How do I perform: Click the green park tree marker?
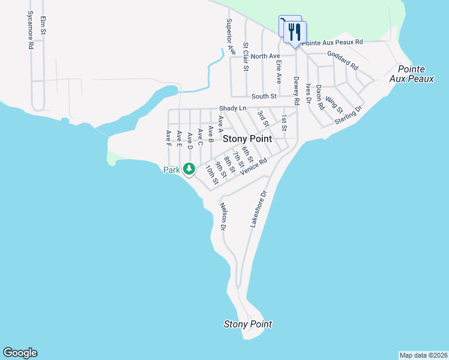coord(189,169)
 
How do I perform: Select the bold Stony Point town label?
coord(247,139)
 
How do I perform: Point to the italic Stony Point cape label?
coord(248,325)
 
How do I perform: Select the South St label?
coord(264,96)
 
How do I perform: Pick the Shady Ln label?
coord(233,108)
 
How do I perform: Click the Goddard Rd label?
coord(342,59)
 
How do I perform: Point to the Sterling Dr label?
coord(349,115)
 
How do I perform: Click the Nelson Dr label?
coord(223,217)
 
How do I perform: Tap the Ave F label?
coord(169,137)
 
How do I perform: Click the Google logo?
coord(20,353)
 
